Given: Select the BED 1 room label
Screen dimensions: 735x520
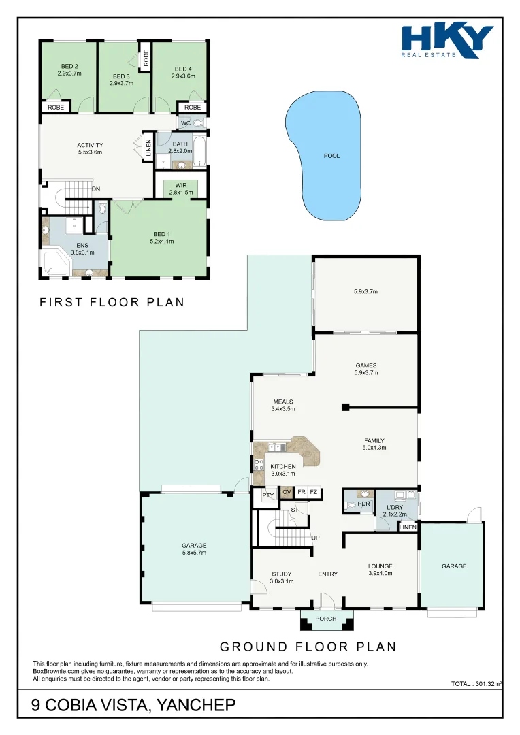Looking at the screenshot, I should pyautogui.click(x=161, y=238).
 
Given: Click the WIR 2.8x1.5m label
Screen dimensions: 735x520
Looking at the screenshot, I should pyautogui.click(x=181, y=189).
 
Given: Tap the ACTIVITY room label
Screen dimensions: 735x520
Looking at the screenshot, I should pyautogui.click(x=90, y=148).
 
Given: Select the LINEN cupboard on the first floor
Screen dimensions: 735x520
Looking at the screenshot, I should pyautogui.click(x=148, y=148).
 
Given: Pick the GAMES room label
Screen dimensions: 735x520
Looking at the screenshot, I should pyautogui.click(x=366, y=368).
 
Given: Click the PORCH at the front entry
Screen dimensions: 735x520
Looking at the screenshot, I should pyautogui.click(x=326, y=619).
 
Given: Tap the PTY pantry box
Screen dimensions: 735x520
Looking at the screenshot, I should pyautogui.click(x=267, y=495).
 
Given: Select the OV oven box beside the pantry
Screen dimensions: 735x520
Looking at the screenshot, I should pyautogui.click(x=287, y=492).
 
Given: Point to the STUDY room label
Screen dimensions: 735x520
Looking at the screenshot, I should pyautogui.click(x=281, y=577).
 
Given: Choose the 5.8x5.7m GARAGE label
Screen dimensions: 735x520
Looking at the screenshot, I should pyautogui.click(x=194, y=549).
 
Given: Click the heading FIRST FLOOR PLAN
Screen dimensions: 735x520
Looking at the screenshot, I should pyautogui.click(x=112, y=302).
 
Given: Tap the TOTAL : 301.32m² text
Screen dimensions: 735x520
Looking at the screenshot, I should pyautogui.click(x=476, y=684).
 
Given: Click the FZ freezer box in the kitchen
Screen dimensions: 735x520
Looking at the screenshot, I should pyautogui.click(x=314, y=492).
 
